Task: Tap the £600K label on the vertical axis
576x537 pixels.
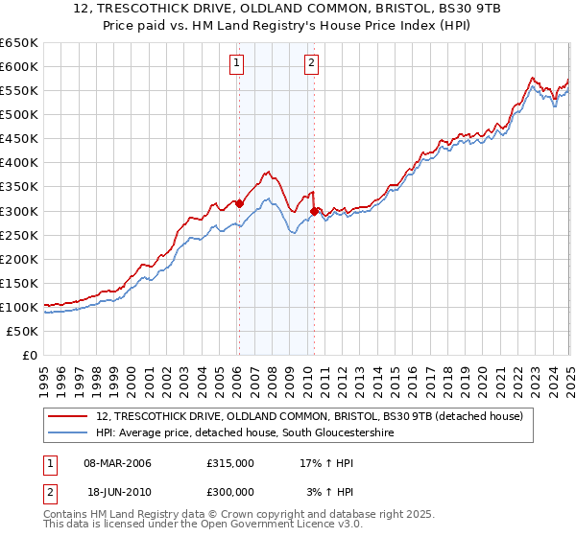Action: tap(19, 66)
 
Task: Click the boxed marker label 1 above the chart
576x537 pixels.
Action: tap(236, 64)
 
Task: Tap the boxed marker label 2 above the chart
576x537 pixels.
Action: tap(312, 64)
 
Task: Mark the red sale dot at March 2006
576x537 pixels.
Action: tap(239, 202)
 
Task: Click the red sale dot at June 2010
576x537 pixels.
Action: tap(315, 210)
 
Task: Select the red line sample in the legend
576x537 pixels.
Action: tap(68, 416)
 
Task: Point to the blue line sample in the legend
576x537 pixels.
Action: tap(68, 433)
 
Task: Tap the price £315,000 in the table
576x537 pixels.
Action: tap(230, 463)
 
